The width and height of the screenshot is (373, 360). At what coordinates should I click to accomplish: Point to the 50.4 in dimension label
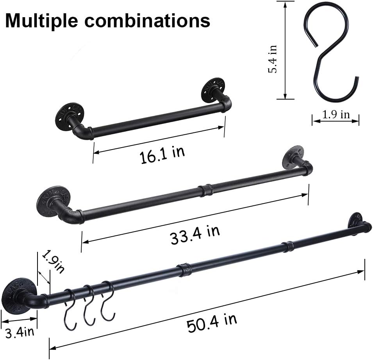coord(212,324)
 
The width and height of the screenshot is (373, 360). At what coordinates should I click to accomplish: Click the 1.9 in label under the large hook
coord(336,114)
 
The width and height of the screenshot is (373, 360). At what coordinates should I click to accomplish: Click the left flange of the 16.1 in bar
coord(68,113)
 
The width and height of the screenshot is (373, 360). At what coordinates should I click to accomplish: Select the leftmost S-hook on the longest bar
coord(69,308)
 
